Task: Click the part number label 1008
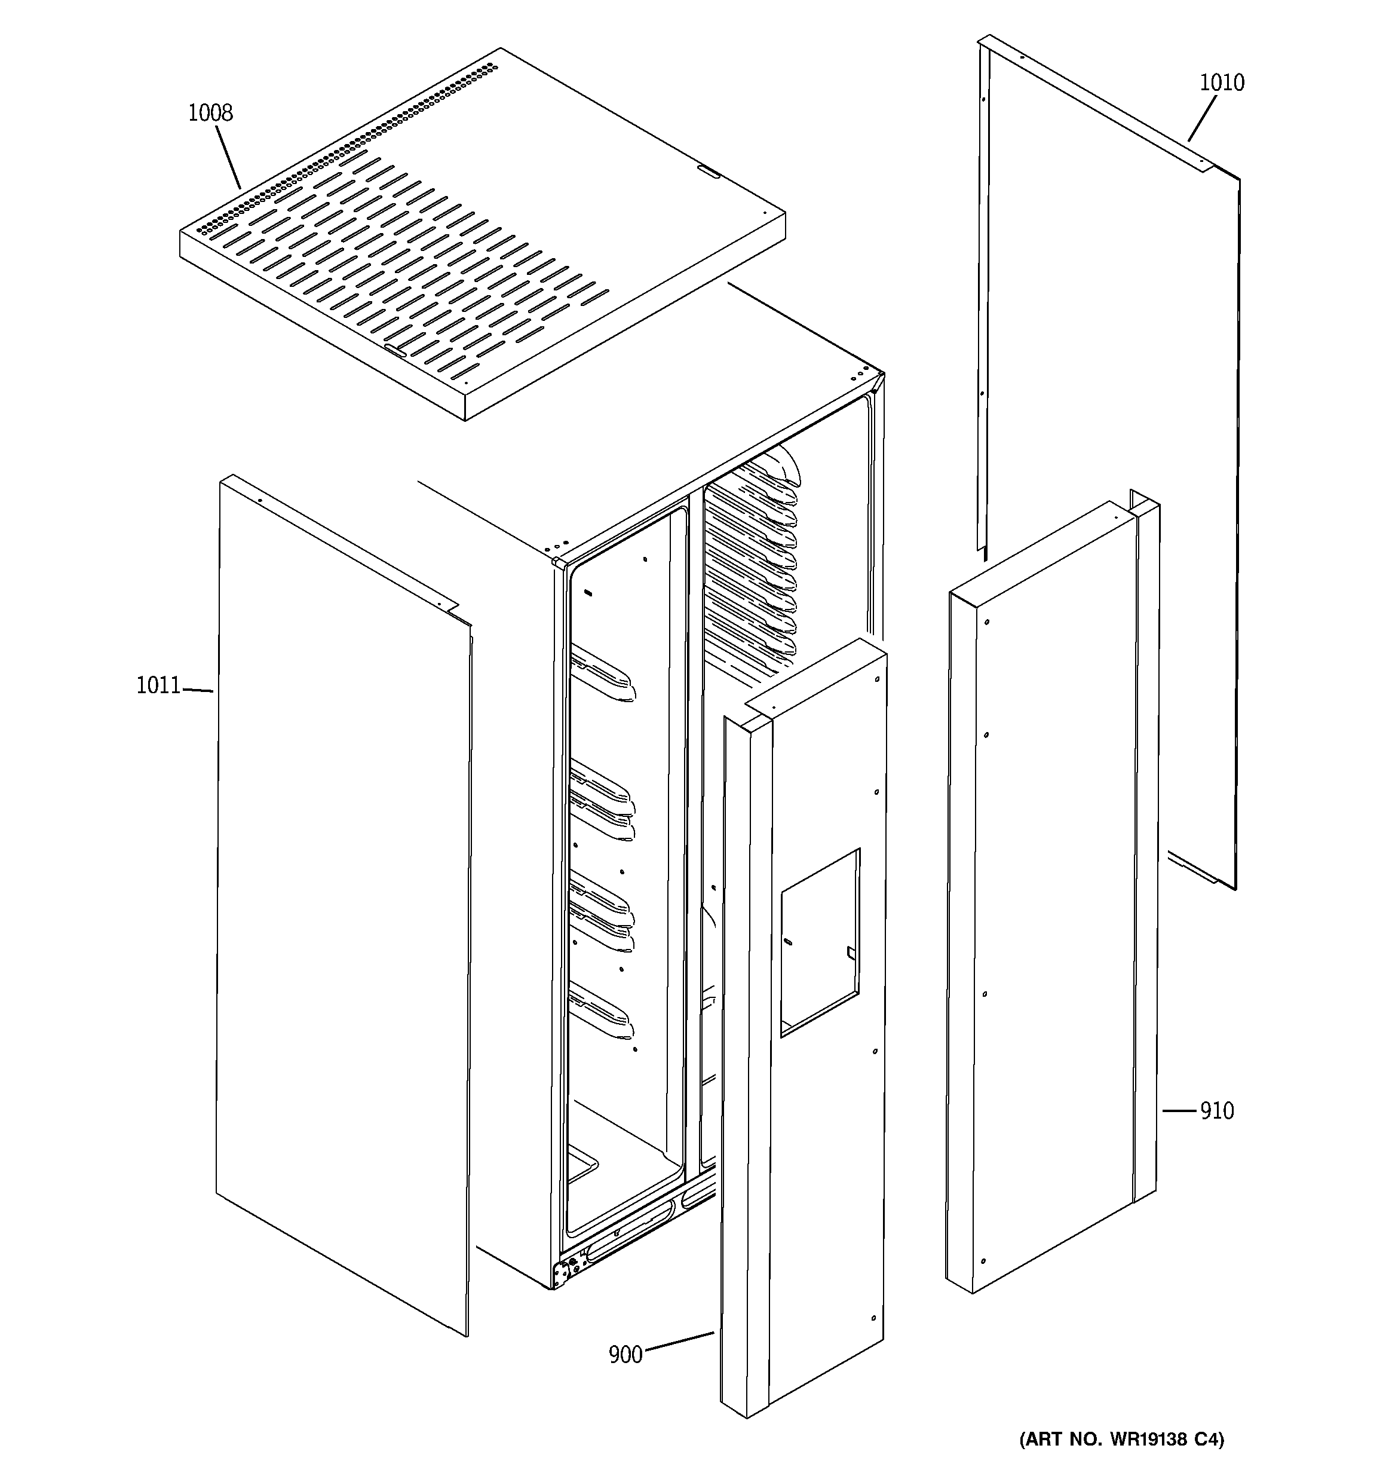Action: [210, 113]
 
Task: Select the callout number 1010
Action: [1222, 82]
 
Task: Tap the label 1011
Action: [158, 685]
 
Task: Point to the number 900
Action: [625, 1355]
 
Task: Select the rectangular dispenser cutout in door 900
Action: [820, 942]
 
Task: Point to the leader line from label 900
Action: [679, 1343]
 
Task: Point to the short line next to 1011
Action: [198, 690]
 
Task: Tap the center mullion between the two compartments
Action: [695, 818]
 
